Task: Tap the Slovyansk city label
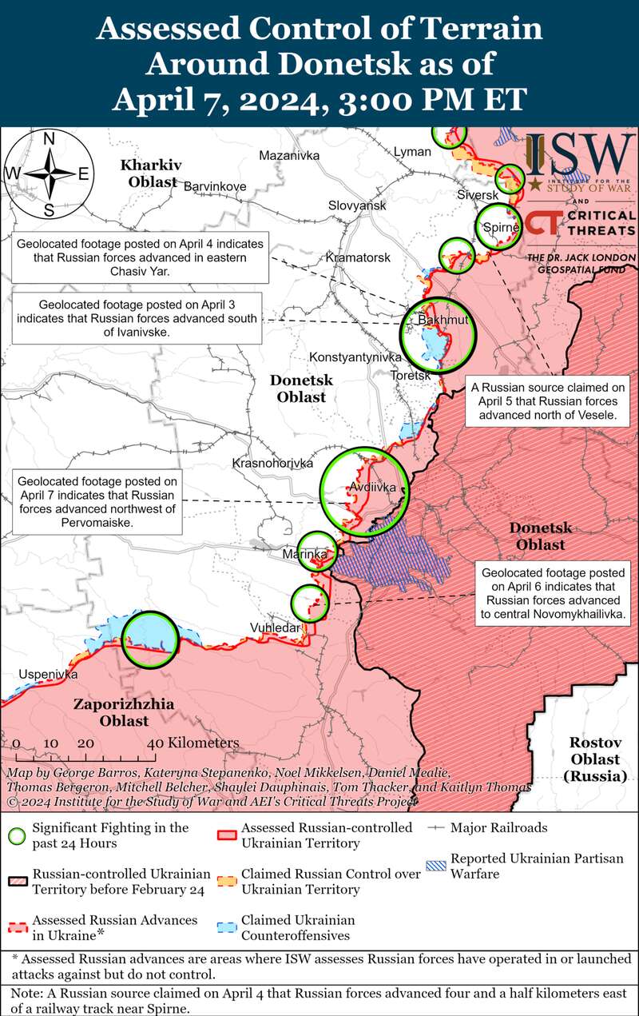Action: (357, 205)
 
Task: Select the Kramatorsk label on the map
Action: (358, 258)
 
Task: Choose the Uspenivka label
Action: (48, 674)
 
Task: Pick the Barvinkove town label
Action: (215, 186)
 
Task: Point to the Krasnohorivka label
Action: (272, 464)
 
